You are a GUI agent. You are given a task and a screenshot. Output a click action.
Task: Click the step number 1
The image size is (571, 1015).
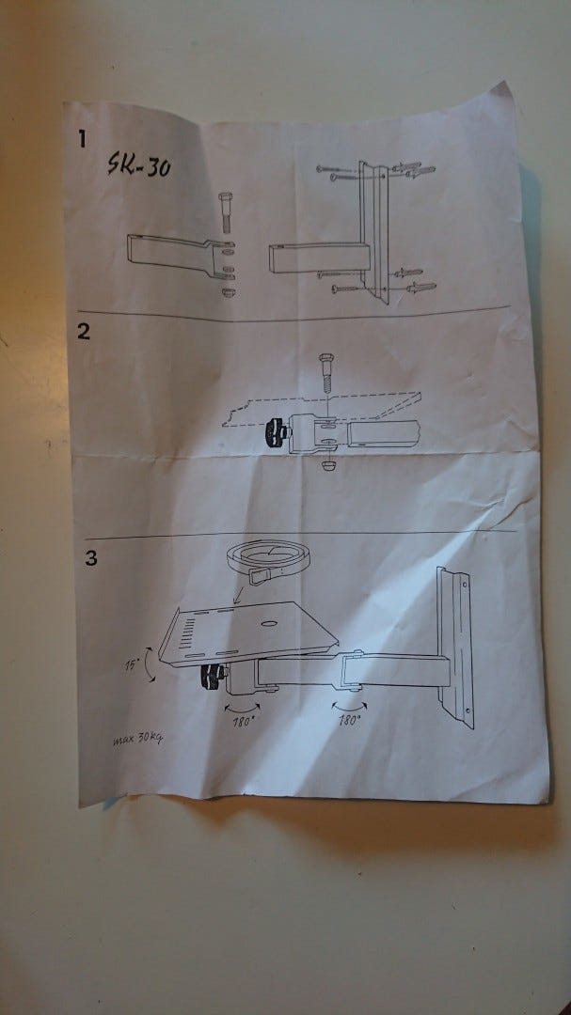click(82, 138)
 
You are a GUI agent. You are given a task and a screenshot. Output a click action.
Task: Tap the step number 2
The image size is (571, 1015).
click(84, 332)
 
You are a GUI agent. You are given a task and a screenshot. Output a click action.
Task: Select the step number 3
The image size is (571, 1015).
click(90, 558)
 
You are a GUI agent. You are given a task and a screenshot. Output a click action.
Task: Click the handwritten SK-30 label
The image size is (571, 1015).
click(139, 164)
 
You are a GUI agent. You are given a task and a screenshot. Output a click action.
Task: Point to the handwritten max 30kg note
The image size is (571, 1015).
click(136, 737)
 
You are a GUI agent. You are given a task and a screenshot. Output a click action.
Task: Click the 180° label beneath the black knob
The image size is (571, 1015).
click(243, 722)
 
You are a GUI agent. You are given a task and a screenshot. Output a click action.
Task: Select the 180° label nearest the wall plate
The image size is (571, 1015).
click(349, 719)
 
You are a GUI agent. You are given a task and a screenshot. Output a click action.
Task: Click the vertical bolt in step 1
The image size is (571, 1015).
click(226, 212)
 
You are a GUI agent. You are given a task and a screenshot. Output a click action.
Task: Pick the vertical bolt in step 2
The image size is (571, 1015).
click(326, 373)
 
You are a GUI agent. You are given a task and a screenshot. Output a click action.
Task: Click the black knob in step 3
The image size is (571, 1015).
click(212, 677)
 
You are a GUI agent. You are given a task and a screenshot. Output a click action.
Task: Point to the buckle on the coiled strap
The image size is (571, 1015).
click(260, 575)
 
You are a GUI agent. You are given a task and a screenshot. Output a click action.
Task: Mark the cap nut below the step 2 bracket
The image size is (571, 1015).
click(328, 465)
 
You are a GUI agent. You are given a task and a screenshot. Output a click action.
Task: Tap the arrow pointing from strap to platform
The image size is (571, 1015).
click(240, 595)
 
